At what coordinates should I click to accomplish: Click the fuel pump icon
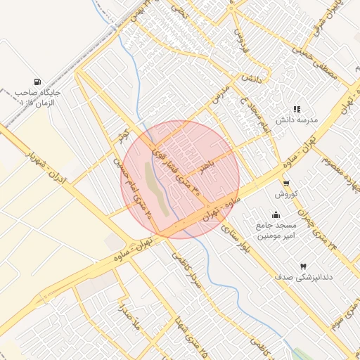[x=36, y=82]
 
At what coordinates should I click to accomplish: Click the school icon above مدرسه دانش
[x=297, y=109]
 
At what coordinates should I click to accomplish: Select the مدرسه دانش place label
[x=297, y=120]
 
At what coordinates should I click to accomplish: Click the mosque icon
[x=276, y=215]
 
